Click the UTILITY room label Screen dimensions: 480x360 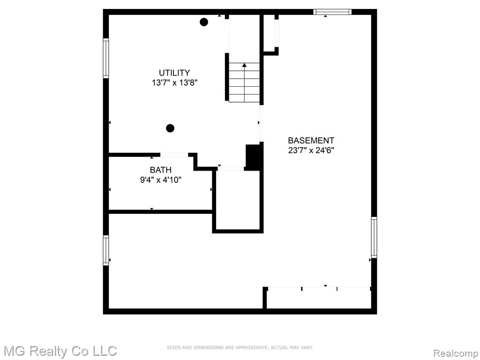(174, 73)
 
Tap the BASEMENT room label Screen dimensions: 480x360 (311, 141)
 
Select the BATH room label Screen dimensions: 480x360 (160, 170)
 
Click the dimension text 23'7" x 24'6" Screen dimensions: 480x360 (311, 150)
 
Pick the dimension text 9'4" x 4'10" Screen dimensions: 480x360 (161, 180)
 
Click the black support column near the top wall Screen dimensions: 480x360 (204, 22)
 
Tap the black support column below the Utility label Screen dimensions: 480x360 (170, 128)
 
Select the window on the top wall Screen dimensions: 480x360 (332, 12)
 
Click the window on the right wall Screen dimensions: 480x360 (374, 237)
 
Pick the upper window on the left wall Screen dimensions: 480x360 (106, 58)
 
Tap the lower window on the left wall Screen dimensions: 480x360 (106, 250)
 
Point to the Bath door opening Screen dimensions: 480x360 (174, 155)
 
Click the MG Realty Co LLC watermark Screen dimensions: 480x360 (60, 351)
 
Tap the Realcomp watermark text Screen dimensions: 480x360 (456, 353)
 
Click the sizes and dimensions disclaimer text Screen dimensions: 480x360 (240, 347)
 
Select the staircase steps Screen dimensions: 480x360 (244, 82)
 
